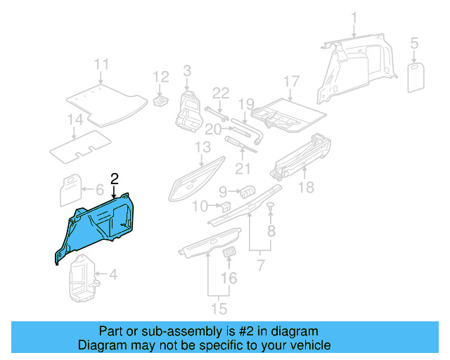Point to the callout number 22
pos(221,93)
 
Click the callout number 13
pos(203,147)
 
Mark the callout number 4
pos(113,275)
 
